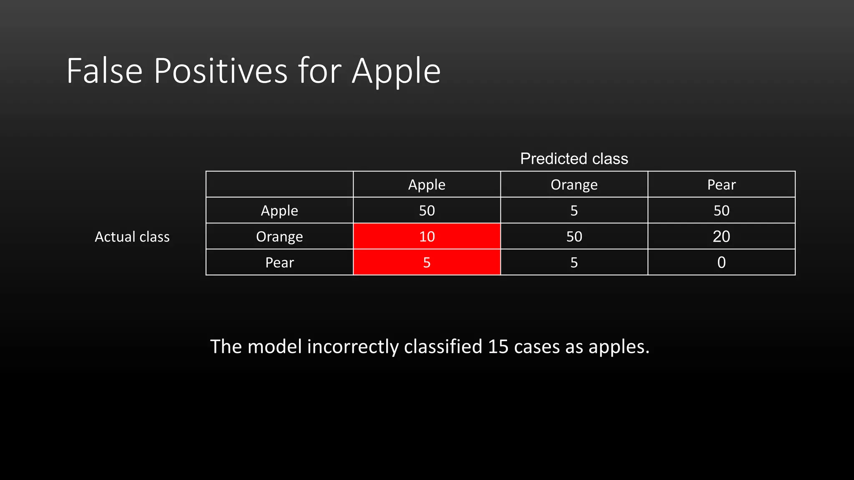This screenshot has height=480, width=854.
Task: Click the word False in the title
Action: click(x=105, y=71)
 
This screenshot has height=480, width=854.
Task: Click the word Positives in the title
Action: click(x=221, y=71)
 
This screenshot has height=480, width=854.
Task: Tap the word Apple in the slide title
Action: click(x=396, y=71)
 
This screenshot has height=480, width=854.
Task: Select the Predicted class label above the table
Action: click(x=574, y=159)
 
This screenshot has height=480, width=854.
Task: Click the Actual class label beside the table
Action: click(x=132, y=237)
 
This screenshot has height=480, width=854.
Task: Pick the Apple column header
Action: click(x=427, y=185)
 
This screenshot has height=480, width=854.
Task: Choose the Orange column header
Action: click(x=574, y=185)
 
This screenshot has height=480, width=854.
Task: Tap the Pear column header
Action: click(x=721, y=185)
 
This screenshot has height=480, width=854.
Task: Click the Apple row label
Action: click(x=279, y=210)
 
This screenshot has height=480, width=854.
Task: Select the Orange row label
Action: click(x=279, y=236)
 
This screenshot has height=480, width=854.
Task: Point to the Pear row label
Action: click(x=279, y=262)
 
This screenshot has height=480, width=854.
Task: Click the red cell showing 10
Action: click(x=427, y=236)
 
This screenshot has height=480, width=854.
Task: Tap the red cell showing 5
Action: click(x=427, y=262)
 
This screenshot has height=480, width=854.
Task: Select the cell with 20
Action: click(x=721, y=236)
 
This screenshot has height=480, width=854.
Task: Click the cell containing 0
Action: click(x=721, y=262)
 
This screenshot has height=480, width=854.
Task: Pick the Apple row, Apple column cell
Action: click(x=427, y=210)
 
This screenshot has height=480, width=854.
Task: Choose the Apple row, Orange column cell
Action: click(x=574, y=210)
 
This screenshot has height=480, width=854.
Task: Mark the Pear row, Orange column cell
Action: click(x=574, y=262)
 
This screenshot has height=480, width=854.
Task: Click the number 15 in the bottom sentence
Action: click(x=498, y=347)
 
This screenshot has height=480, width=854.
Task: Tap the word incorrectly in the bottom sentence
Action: click(x=353, y=347)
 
